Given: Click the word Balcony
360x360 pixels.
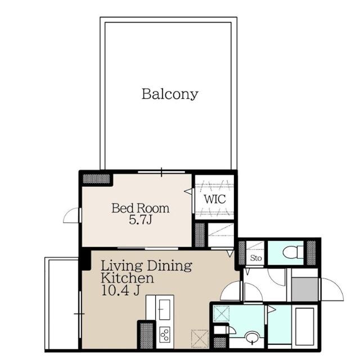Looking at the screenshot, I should [169, 94].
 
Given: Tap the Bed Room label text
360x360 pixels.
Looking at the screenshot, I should [140, 208].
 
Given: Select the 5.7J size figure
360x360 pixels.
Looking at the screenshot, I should [140, 220].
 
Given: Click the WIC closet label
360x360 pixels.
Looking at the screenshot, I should [214, 199].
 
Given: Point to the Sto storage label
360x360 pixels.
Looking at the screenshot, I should [255, 259].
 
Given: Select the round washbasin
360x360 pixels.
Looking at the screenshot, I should [252, 338].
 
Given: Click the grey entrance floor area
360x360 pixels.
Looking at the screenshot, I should [305, 288].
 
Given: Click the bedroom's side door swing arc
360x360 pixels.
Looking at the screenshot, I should [72, 215].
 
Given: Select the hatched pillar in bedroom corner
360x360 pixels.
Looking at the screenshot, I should [96, 179].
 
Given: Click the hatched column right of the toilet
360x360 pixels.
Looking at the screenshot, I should [310, 251].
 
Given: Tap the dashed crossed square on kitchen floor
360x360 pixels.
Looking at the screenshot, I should [200, 338].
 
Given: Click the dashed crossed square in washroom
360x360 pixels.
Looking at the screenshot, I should [221, 313].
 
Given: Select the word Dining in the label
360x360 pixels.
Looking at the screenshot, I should [169, 265].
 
